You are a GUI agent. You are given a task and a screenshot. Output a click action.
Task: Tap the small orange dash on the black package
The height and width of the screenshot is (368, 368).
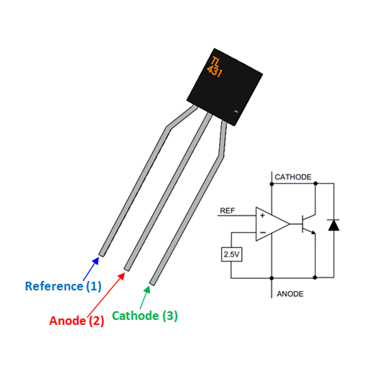tap(236, 112)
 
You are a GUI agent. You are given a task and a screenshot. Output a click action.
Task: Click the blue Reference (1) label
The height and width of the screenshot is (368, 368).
tap(63, 286)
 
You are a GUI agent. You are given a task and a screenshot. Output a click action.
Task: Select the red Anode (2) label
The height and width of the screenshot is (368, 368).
tap(77, 321)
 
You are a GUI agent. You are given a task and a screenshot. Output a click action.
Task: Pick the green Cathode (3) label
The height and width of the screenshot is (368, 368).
tap(145, 316)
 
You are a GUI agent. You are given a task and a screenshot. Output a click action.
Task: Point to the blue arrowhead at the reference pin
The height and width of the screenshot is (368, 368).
tap(96, 261)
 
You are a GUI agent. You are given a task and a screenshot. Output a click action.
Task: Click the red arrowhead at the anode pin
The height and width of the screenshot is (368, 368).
tap(122, 276)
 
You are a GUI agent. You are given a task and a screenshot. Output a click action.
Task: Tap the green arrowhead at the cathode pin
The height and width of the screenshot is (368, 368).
tap(147, 289)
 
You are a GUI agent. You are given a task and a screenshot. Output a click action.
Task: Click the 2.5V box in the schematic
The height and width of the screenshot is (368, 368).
tap(232, 254)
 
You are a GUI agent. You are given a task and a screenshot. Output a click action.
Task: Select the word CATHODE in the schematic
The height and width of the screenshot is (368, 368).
tap(293, 177)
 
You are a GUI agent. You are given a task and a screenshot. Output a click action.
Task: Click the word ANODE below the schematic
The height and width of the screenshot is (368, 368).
tap(290, 294)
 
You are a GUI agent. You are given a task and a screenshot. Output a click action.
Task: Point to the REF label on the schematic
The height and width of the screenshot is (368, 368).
tap(227, 211)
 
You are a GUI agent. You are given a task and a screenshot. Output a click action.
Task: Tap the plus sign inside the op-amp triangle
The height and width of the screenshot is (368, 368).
tap(262, 216)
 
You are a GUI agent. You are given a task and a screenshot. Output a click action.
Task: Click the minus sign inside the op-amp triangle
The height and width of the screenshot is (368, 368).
tap(263, 232)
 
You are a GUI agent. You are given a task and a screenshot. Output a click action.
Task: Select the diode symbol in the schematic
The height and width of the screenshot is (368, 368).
tap(334, 225)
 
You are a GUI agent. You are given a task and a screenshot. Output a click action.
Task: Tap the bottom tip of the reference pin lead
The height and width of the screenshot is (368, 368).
tap(102, 254)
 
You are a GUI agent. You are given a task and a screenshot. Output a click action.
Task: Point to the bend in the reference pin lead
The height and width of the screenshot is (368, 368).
tap(168, 128)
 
